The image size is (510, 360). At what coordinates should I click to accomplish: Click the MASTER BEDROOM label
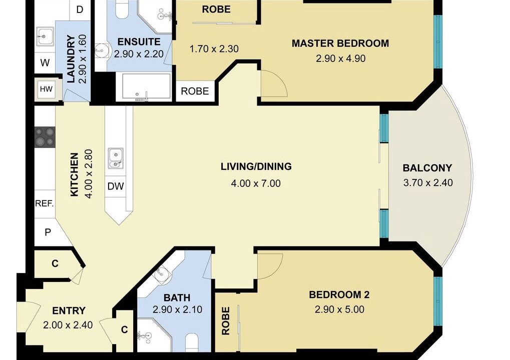(340, 43)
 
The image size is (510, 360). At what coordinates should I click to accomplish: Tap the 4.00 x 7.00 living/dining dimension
(256, 183)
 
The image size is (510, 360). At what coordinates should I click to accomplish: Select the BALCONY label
(427, 167)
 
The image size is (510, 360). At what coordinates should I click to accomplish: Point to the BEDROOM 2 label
(339, 294)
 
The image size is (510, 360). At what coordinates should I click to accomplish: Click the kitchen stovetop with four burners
(45, 137)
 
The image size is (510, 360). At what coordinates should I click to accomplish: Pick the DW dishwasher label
(116, 186)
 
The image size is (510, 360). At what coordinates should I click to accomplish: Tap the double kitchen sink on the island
(116, 158)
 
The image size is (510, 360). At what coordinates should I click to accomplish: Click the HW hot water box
(46, 88)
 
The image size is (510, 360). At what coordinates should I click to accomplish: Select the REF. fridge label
(44, 203)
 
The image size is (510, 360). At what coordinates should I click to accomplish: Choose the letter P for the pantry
(48, 232)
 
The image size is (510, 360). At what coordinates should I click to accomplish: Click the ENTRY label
(69, 311)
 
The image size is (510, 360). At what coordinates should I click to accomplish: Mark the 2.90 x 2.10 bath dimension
(177, 309)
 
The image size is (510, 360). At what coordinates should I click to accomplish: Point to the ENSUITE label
(139, 42)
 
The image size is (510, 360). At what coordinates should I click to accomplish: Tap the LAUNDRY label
(71, 59)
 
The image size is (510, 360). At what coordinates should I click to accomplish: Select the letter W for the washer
(45, 62)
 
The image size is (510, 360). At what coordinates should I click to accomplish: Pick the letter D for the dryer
(80, 9)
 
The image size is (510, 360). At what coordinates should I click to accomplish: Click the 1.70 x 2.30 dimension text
(214, 49)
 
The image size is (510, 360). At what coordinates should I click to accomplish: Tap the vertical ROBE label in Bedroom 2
(226, 321)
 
